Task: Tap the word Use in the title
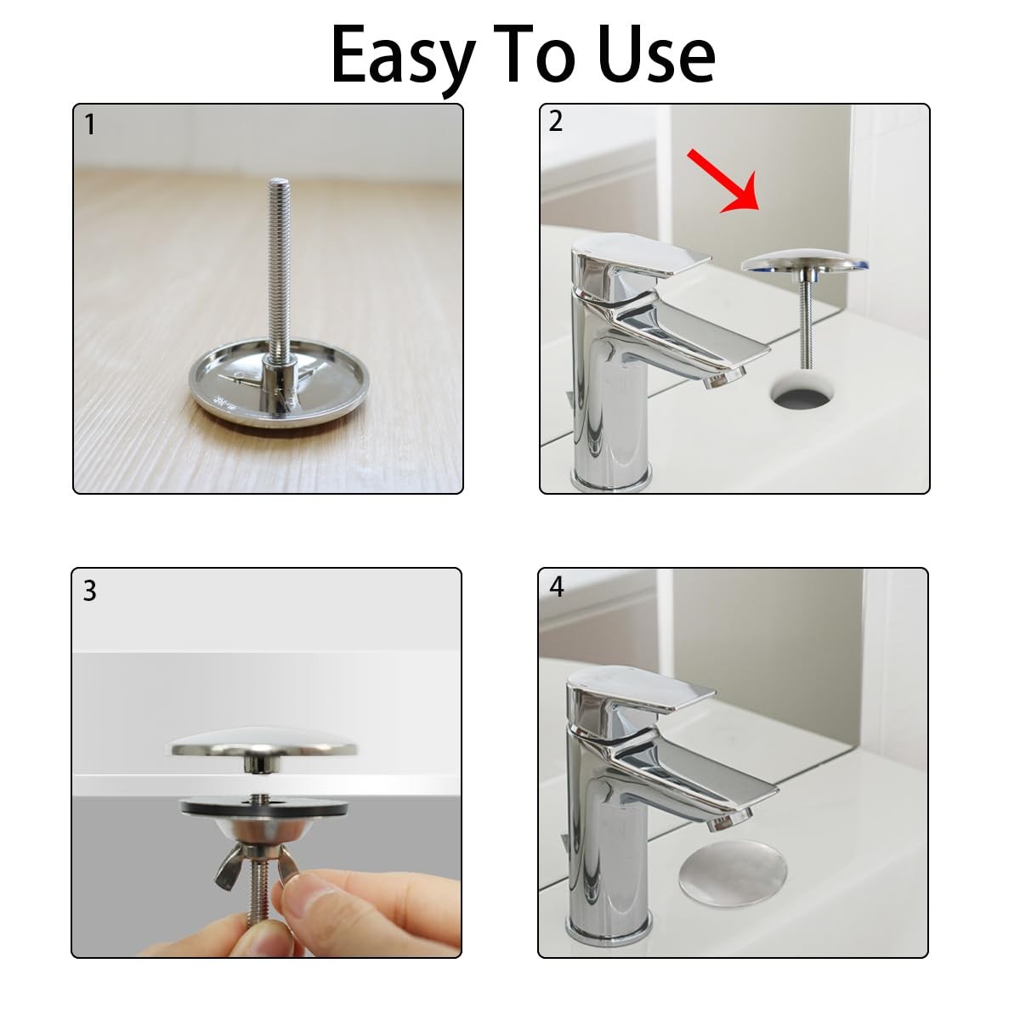pos(657,54)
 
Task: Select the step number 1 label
pos(90,125)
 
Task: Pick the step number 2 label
pos(555,122)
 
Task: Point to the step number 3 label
pos(89,591)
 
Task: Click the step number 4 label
pos(557,586)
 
